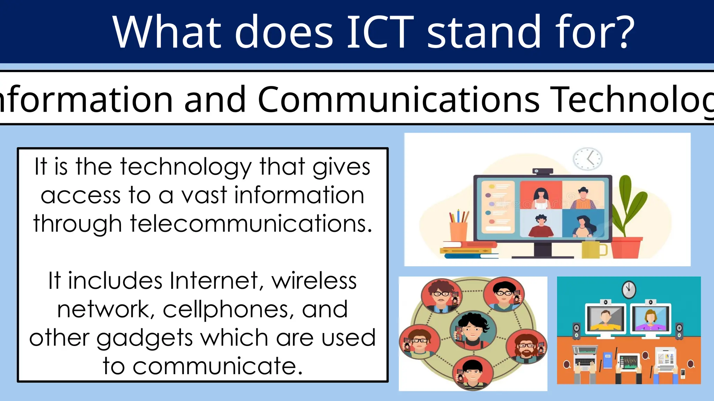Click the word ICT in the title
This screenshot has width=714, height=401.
coord(380,32)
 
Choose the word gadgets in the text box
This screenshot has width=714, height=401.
coord(144,338)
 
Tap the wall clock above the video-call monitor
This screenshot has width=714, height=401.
coord(587,159)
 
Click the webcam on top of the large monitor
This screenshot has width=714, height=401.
coord(542,171)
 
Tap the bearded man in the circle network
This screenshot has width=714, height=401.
coord(526,346)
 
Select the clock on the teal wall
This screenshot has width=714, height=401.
coord(629,290)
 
